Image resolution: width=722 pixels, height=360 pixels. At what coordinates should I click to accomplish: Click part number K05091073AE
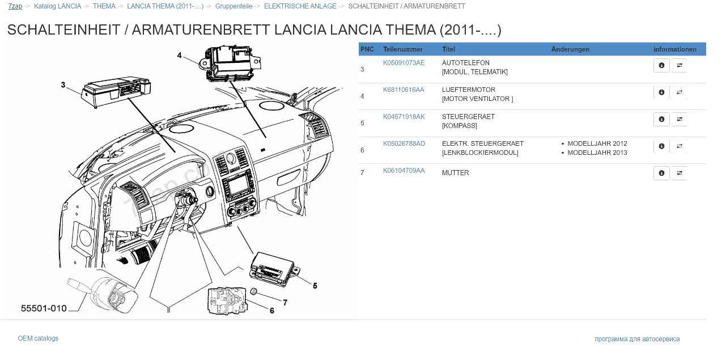[x=404, y=63]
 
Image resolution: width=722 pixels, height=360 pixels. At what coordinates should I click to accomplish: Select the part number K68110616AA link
[x=404, y=90]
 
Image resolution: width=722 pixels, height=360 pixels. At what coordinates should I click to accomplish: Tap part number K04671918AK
[x=404, y=117]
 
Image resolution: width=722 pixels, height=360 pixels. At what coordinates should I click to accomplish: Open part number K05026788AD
[x=404, y=143]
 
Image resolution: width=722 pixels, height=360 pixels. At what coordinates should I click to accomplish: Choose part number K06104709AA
[x=404, y=171]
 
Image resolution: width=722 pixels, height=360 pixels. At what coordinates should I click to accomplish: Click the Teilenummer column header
[x=402, y=49]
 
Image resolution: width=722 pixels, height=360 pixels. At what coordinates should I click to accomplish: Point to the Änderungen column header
[x=570, y=49]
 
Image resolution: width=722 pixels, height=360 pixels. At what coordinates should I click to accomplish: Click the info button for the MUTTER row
[x=661, y=173]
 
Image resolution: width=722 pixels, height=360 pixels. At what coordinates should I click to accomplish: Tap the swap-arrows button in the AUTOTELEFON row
[x=679, y=66]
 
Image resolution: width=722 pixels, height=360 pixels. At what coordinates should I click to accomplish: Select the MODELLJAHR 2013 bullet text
[x=597, y=153]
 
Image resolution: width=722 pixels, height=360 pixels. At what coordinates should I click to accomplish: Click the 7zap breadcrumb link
[x=15, y=6]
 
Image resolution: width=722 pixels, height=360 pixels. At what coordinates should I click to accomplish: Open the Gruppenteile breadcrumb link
[x=233, y=6]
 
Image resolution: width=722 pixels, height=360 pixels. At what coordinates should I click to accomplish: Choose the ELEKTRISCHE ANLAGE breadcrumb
[x=300, y=6]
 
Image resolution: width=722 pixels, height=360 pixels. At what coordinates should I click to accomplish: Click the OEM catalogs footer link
[x=38, y=338]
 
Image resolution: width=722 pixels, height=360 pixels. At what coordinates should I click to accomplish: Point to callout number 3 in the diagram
[x=63, y=85]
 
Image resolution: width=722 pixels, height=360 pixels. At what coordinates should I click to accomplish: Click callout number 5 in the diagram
[x=315, y=286]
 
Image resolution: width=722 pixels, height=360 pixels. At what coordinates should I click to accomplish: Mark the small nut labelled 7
[x=254, y=291]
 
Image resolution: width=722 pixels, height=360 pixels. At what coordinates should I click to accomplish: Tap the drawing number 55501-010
[x=44, y=308]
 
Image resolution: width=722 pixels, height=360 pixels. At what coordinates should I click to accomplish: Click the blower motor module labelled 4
[x=231, y=63]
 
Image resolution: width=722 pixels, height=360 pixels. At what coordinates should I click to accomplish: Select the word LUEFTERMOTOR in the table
[x=468, y=90]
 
